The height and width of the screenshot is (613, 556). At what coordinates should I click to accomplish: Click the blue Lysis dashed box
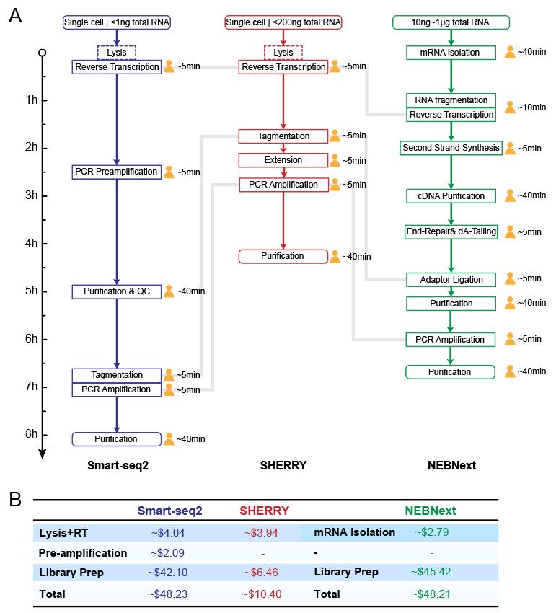pos(116,53)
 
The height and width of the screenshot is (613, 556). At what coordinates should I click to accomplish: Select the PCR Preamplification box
pos(116,172)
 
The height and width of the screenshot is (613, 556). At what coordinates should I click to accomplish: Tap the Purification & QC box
pos(116,291)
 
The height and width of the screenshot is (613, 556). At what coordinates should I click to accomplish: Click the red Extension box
pos(283,160)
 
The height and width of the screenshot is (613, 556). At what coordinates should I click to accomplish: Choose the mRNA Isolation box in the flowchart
pos(451,53)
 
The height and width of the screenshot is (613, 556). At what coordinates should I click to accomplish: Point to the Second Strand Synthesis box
pos(451,148)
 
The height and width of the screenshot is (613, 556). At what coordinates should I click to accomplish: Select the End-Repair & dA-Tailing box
pos(451,231)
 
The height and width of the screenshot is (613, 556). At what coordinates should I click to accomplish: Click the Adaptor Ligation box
pos(451,279)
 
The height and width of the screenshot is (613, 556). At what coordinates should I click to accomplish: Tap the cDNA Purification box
pos(451,196)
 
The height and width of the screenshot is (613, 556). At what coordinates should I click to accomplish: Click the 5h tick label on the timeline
pos(31,291)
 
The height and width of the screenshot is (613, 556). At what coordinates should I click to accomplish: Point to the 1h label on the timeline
pos(31,100)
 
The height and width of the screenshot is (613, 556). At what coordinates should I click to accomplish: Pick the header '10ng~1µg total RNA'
pos(451,22)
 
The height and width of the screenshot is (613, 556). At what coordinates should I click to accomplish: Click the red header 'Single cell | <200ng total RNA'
pos(283,22)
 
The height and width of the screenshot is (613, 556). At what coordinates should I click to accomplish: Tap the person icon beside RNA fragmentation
pos(510,107)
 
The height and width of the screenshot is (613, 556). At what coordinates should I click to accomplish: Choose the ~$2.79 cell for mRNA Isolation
pos(431,533)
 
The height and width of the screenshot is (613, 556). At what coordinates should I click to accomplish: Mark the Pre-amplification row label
pos(83,553)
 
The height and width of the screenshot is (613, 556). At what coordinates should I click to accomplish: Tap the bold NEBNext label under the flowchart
pos(451,465)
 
